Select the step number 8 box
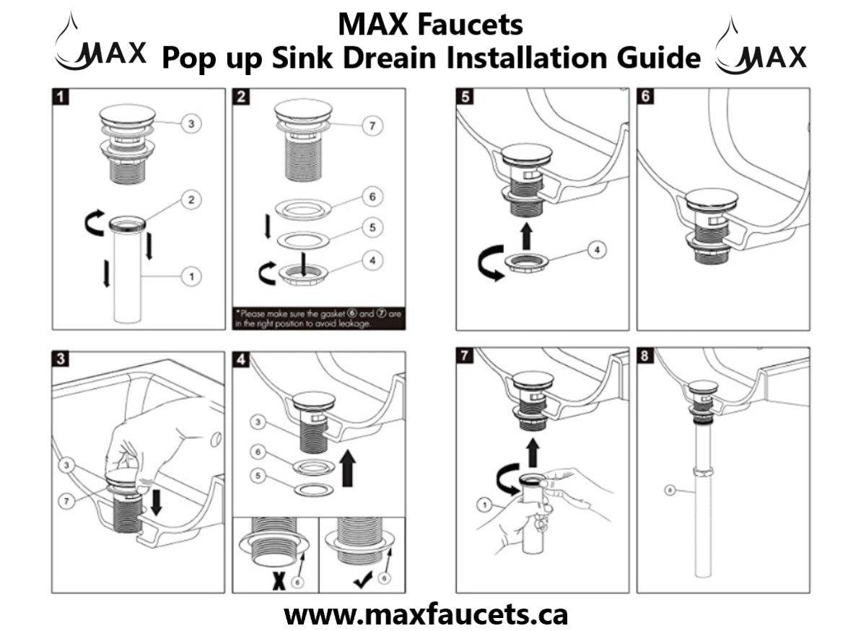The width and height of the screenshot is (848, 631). pyautogui.click(x=645, y=357)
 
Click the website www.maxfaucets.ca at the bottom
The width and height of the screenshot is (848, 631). pyautogui.click(x=425, y=614)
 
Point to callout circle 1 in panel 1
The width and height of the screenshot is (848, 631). pyautogui.click(x=191, y=276)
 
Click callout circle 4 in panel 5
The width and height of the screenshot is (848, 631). pyautogui.click(x=595, y=250)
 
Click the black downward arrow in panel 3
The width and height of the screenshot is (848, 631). pyautogui.click(x=155, y=503)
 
